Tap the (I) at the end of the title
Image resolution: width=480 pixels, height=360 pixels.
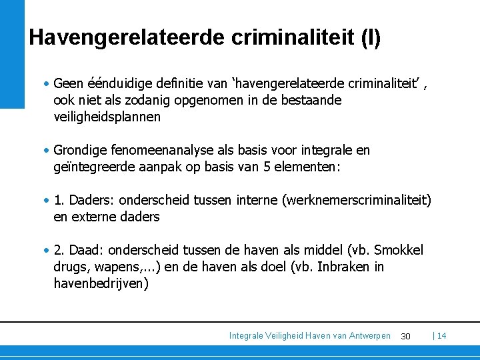coord(370,37)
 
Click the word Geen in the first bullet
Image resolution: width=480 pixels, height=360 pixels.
coord(67,84)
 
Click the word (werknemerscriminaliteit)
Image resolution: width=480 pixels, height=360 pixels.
coord(358,200)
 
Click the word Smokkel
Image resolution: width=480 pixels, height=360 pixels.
coord(399,250)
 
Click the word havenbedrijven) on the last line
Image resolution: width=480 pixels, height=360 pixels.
coord(101,283)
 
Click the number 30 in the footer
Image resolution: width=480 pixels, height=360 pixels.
coord(405,336)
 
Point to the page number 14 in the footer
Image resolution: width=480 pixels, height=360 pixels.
coord(441,335)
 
